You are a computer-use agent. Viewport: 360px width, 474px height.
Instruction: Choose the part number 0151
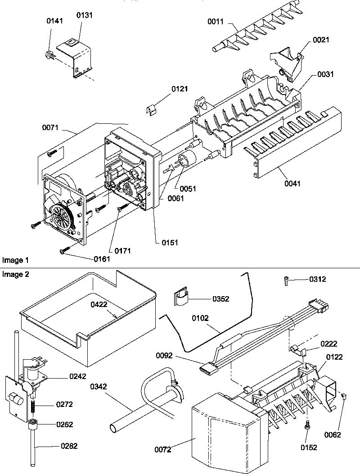pyautogui.click(x=170, y=242)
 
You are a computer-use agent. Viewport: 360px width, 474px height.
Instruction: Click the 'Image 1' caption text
pyautogui.click(x=15, y=260)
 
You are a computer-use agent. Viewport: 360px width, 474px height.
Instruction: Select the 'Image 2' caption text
pyautogui.click(x=15, y=275)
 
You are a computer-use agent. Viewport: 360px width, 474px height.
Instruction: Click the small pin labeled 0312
pyautogui.click(x=286, y=280)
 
